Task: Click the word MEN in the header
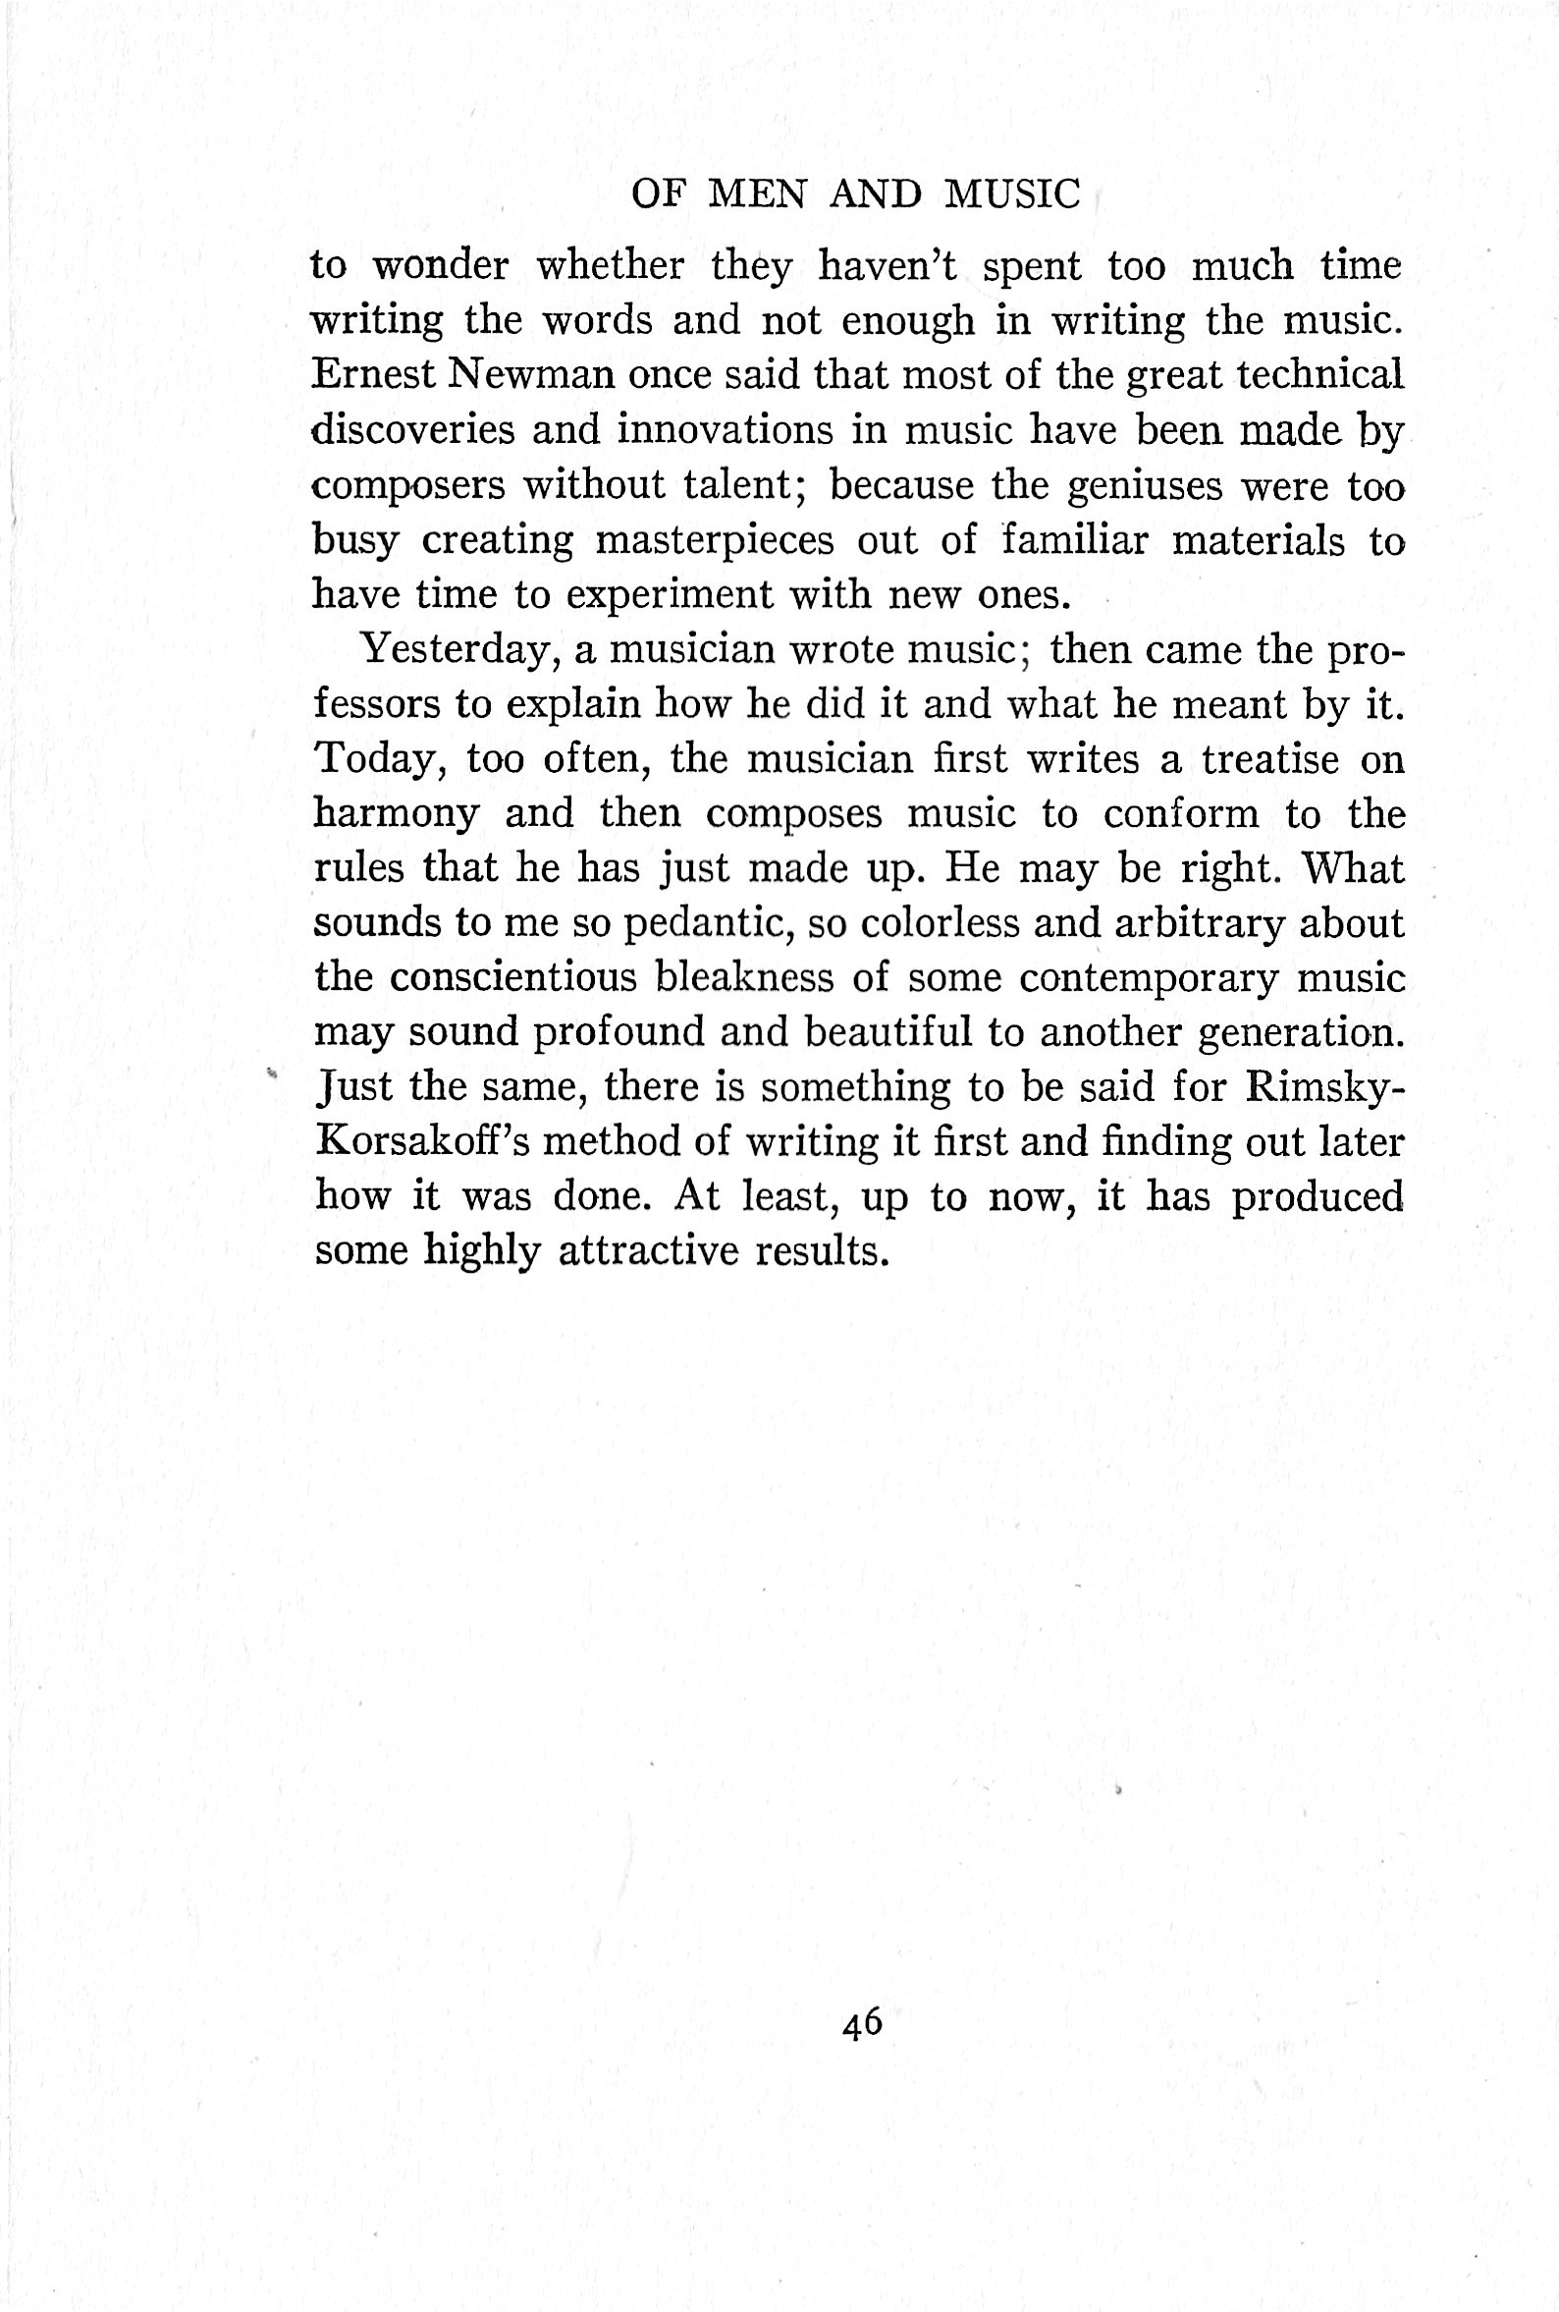(x=757, y=193)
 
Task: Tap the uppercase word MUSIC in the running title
(x=1012, y=193)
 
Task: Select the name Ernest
(x=374, y=375)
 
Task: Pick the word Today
(x=378, y=759)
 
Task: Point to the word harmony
(x=397, y=815)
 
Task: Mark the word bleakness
(x=744, y=977)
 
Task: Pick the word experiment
(x=670, y=595)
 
